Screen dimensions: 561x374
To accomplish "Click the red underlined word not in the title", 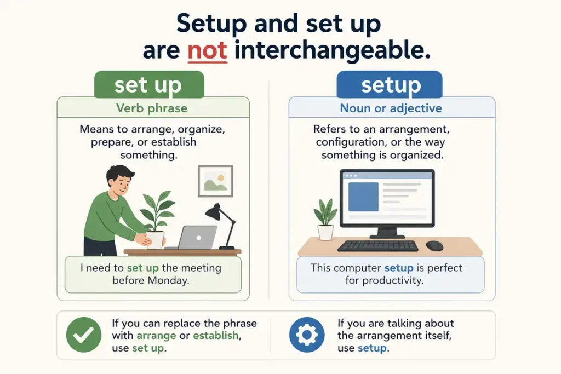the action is coord(207,50).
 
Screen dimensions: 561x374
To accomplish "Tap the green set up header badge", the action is coord(149,84).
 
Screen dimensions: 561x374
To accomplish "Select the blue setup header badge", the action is coord(390,84).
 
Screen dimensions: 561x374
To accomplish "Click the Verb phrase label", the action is coord(152,108).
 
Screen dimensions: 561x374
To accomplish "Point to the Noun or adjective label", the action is coord(391,108).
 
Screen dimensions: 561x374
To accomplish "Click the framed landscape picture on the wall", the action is coord(215,181).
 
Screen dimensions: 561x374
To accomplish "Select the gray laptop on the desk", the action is coord(193,238).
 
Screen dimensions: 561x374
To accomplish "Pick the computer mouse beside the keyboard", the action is coord(434,246).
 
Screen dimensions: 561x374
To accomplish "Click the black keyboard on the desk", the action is coord(378,246).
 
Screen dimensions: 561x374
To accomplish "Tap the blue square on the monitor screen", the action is coord(363,197).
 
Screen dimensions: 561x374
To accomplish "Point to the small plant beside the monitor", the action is coord(325,220).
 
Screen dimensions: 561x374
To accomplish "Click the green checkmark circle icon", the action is coord(84,335).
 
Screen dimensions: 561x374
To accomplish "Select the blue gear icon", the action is coord(307,335).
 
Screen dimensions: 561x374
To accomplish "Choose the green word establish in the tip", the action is coord(215,335).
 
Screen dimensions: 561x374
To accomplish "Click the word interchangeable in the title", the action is coord(332,51).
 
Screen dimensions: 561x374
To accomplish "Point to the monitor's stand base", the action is coord(387,237).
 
